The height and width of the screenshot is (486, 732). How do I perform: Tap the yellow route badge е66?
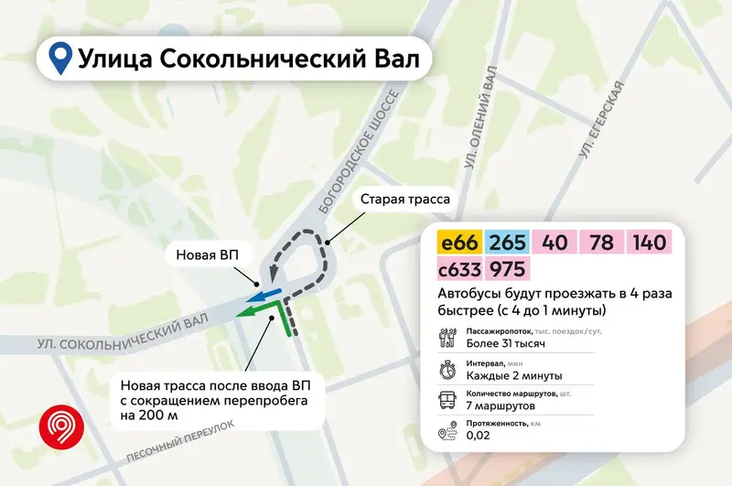[460, 243]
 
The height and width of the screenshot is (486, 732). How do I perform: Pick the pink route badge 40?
[555, 243]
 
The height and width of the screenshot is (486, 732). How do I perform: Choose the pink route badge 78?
[601, 243]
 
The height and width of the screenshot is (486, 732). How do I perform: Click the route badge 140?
[650, 243]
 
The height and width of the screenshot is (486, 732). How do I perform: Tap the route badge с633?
[461, 270]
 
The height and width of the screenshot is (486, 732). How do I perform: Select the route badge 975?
[509, 270]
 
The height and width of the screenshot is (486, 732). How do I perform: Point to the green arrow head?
[243, 314]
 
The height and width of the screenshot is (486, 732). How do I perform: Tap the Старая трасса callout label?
[405, 200]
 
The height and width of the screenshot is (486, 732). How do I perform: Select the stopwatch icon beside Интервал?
[447, 369]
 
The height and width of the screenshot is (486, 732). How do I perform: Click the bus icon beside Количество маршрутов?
[447, 401]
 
